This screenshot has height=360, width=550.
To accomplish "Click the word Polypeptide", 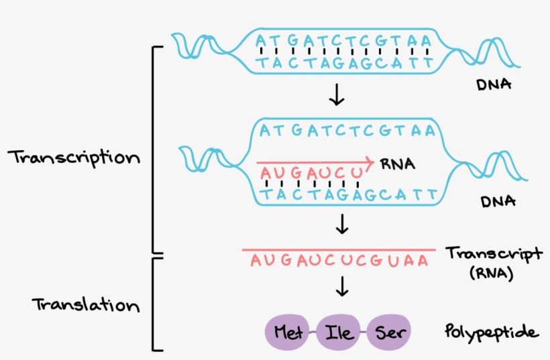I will coord(492,332).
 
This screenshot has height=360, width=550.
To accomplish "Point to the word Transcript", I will coord(494,254).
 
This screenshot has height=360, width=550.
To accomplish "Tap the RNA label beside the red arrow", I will coord(397,163).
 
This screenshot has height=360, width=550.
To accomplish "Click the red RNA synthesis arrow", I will coord(315,162).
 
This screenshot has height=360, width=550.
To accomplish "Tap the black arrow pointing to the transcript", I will coord(343,224).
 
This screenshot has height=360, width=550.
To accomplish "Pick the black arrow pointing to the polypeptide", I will coord(343,288).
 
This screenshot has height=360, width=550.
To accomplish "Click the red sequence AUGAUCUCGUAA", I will coord(339,259).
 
